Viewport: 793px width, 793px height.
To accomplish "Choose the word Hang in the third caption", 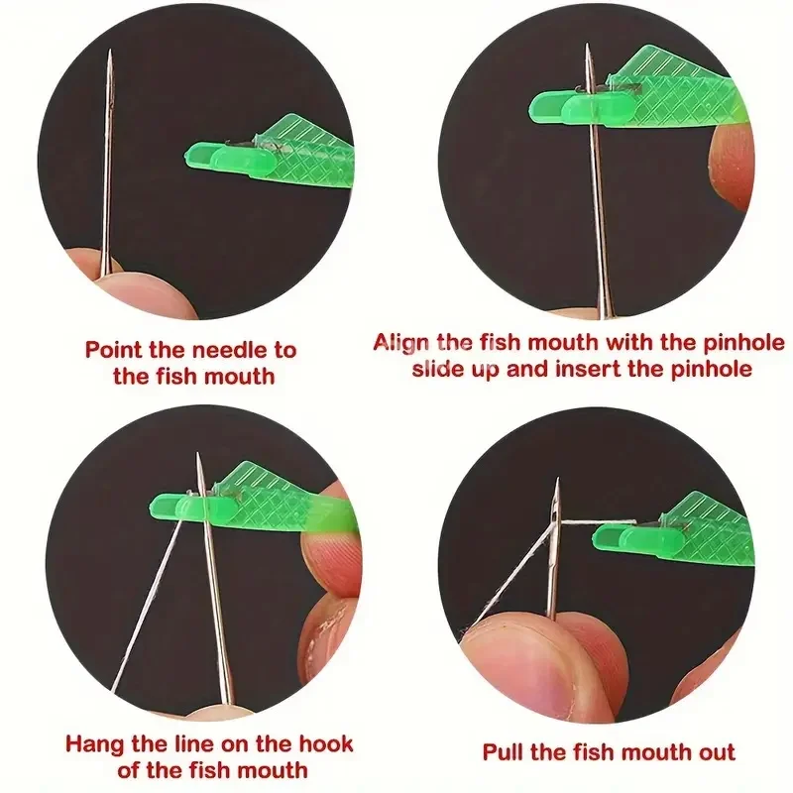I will (x=93, y=743).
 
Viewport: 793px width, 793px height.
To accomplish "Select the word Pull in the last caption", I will (x=504, y=752).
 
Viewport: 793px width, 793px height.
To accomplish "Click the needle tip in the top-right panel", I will (x=589, y=48).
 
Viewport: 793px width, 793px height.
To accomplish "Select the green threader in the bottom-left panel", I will (x=258, y=501).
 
